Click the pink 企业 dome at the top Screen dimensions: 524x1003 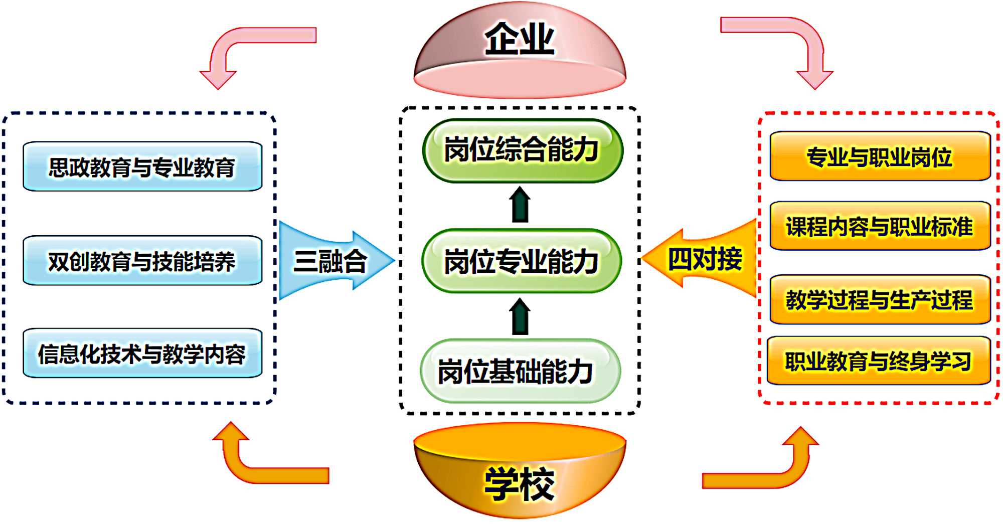click(520, 50)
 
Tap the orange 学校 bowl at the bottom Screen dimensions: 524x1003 click(520, 476)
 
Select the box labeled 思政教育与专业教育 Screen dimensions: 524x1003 click(142, 166)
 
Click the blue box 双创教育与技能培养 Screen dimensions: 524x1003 click(142, 261)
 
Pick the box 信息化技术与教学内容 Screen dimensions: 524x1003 click(142, 354)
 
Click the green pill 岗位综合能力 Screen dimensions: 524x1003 click(522, 150)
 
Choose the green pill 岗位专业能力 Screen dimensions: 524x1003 click(522, 261)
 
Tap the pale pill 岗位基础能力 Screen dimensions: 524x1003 click(520, 371)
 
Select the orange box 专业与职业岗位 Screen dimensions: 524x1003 click(880, 156)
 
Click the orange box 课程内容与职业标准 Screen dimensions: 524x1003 click(880, 226)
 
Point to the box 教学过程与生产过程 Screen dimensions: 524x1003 click(880, 299)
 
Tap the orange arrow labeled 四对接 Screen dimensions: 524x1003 click(702, 259)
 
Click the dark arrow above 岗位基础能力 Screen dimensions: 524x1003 click(520, 317)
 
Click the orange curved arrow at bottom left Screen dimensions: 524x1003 click(256, 466)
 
